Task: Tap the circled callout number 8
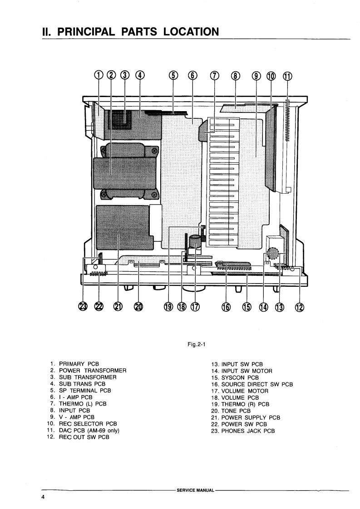pos(235,76)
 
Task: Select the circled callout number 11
pos(287,76)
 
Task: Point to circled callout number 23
pos(82,307)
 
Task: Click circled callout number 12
pos(299,307)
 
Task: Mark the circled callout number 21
pos(118,307)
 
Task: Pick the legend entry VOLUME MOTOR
pos(245,391)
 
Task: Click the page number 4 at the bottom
pos(43,498)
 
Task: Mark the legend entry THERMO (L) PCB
pos(83,404)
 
